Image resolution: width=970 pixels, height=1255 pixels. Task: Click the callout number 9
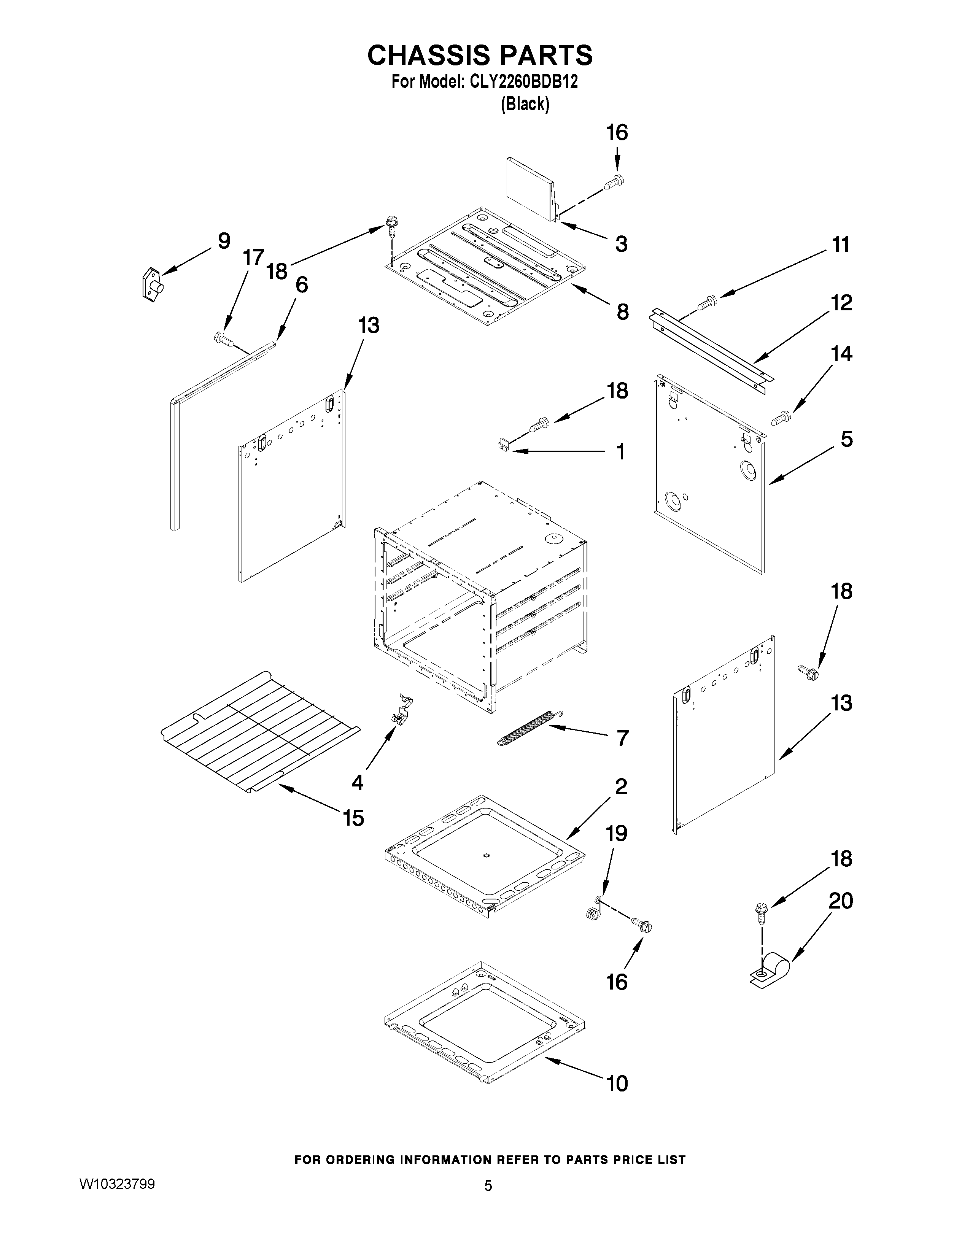[224, 241]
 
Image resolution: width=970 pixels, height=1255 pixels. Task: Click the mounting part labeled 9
[152, 284]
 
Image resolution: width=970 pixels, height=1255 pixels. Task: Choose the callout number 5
[846, 440]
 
